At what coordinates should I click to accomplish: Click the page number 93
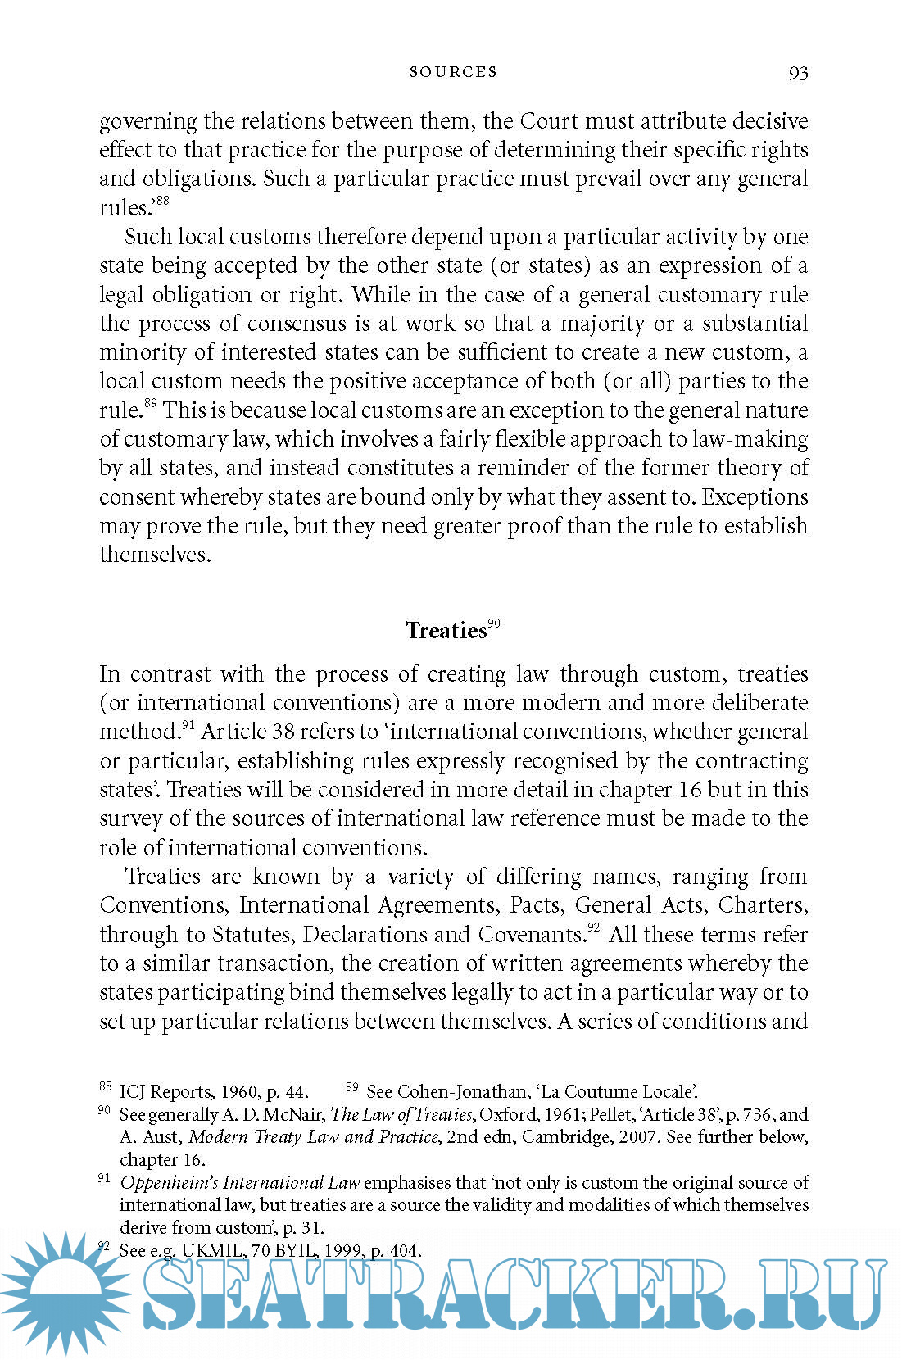(x=798, y=73)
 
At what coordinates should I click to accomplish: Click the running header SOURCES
(x=453, y=72)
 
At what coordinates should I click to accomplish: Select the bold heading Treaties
(x=446, y=630)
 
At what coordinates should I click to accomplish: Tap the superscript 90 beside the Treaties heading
(x=494, y=623)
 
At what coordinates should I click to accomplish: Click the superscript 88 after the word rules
(x=162, y=201)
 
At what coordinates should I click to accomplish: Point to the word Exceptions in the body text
(x=755, y=497)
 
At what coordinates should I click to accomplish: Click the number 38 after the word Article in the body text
(x=283, y=732)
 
